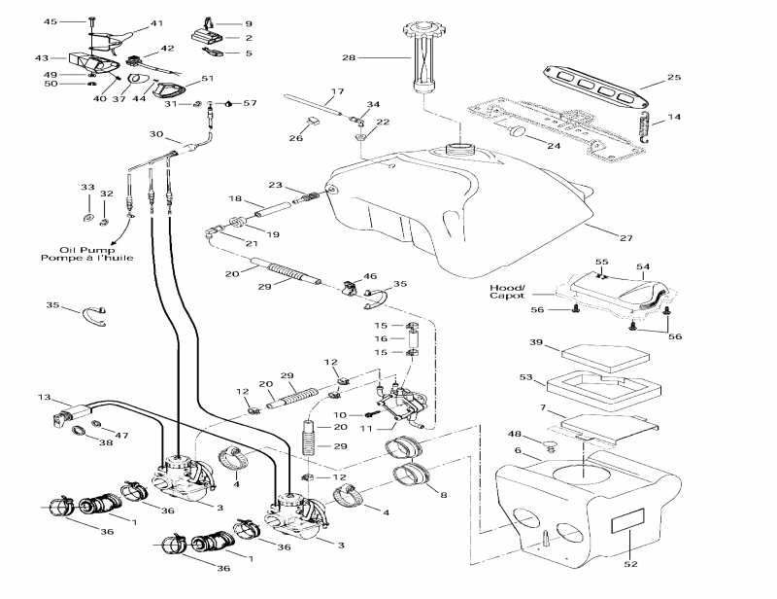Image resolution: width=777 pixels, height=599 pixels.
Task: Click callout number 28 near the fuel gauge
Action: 348,58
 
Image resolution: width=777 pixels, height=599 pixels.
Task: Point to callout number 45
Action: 51,21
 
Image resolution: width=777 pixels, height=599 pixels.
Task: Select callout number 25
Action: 674,77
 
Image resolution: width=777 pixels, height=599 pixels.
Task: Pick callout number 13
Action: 44,397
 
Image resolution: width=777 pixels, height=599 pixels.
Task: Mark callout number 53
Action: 526,376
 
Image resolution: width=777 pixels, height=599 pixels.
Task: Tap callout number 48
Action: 515,435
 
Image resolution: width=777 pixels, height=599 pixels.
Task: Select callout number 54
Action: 642,265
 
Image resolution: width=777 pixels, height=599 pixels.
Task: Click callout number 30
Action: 156,134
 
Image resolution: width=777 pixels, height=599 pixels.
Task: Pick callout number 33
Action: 87,187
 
